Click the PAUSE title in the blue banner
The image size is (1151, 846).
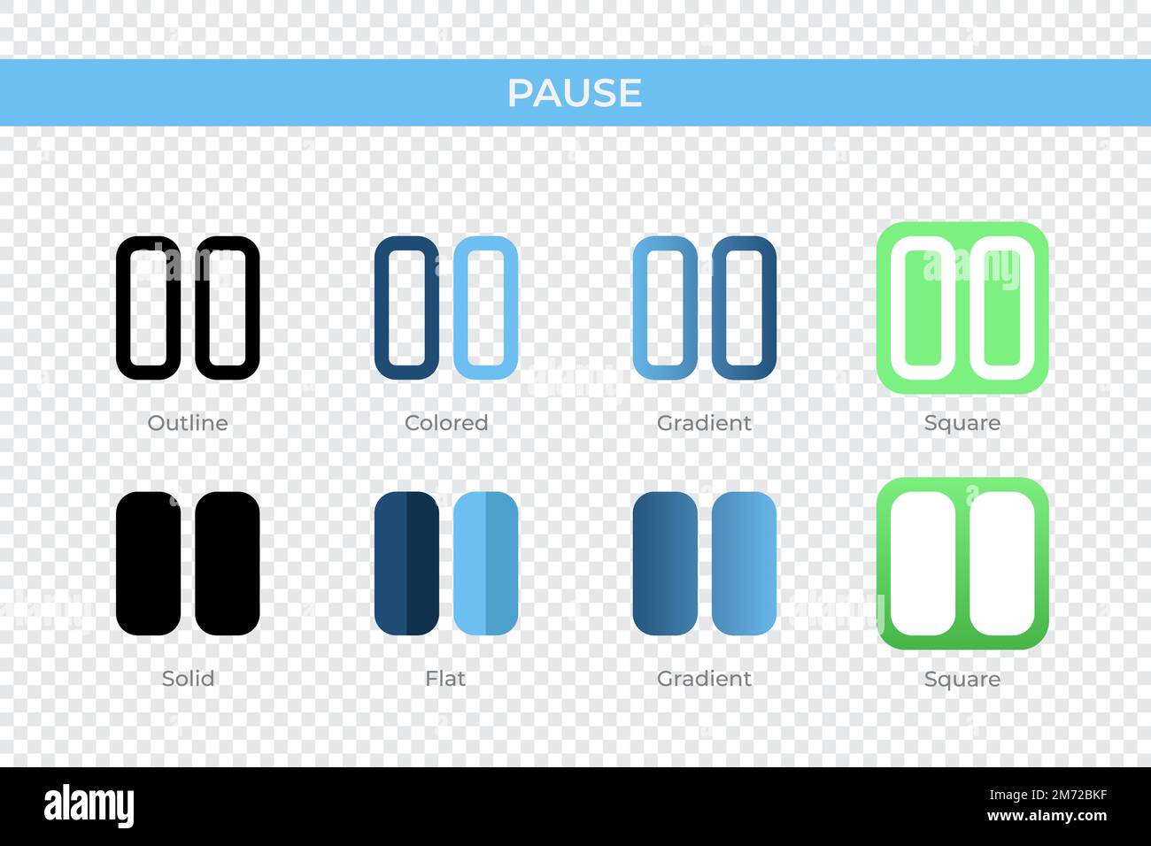(575, 93)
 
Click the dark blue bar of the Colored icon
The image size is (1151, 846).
(406, 307)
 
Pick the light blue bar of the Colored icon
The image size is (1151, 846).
(485, 307)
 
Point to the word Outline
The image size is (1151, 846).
(188, 423)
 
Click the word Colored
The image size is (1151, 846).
(446, 423)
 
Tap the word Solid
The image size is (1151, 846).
(188, 679)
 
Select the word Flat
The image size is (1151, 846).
(445, 679)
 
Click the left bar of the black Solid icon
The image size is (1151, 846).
(148, 564)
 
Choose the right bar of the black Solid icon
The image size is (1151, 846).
(227, 564)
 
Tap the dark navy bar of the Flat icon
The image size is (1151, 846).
(406, 564)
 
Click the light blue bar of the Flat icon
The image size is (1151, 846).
(485, 564)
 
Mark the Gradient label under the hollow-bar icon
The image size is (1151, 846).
(704, 423)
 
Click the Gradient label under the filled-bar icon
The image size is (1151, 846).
(704, 679)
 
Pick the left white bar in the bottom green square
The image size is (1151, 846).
(923, 564)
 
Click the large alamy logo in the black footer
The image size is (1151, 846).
(89, 806)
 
